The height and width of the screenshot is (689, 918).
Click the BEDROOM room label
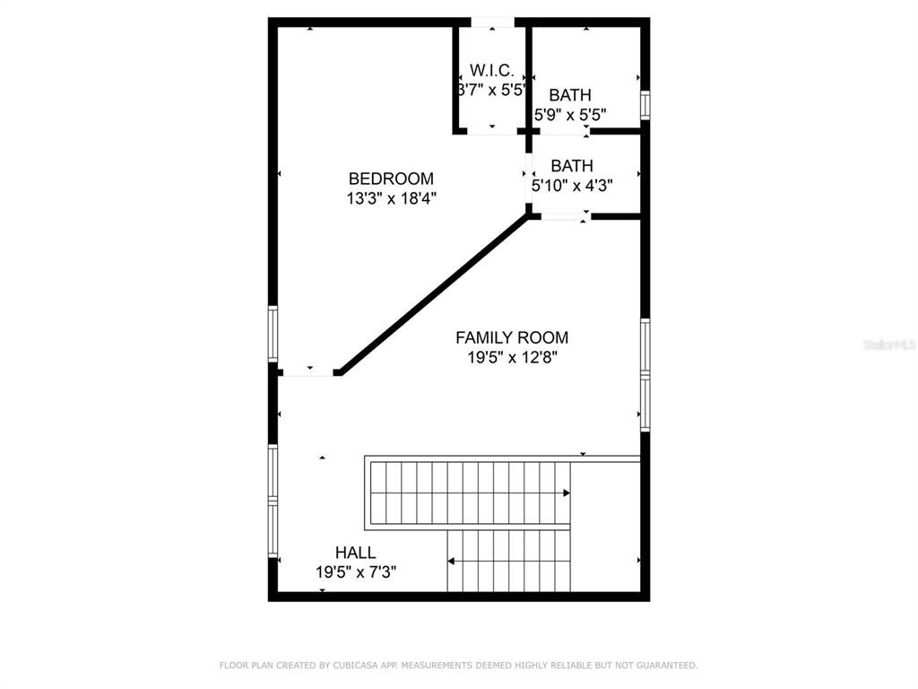391,179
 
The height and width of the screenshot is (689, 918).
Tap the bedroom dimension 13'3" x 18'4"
391,199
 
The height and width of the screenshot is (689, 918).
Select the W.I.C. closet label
491,70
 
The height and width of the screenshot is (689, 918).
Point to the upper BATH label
570,95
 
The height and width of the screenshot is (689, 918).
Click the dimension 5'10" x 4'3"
572,186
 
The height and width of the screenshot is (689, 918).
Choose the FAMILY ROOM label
512,337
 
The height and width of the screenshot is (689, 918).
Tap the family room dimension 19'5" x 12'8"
512,358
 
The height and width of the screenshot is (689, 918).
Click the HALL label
356,553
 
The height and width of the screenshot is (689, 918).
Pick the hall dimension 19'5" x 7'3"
356,572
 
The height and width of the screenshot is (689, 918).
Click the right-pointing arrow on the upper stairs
566,493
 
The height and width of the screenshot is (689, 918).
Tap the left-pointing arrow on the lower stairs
451,562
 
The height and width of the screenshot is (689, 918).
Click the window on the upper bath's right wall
645,104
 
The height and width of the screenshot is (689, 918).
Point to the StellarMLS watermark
889,344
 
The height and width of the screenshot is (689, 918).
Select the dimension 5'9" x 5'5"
570,115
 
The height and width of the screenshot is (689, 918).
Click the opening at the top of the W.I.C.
492,22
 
